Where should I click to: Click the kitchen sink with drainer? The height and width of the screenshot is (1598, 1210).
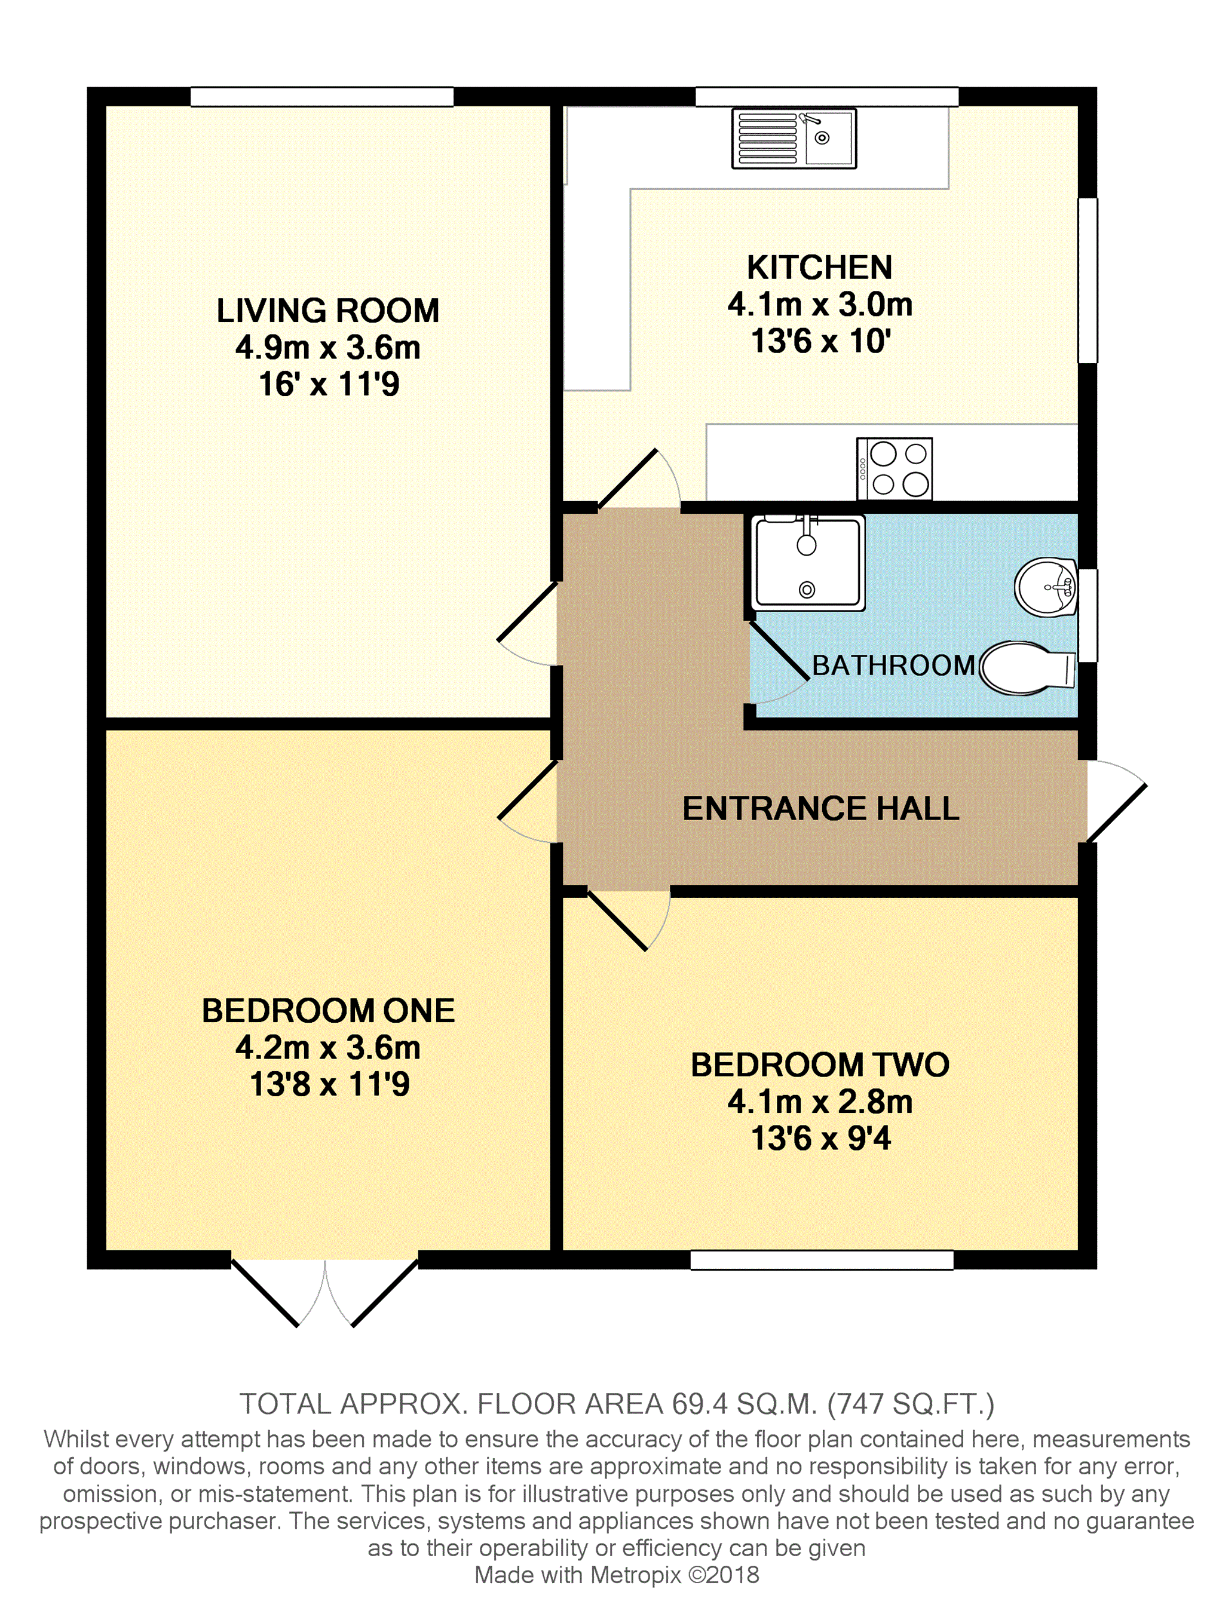(794, 138)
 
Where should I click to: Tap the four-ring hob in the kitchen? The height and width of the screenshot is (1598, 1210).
(895, 469)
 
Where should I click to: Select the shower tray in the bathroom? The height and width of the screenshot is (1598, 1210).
(808, 563)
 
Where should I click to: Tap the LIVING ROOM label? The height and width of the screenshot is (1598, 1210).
(328, 311)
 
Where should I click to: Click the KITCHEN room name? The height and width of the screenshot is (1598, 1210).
(819, 267)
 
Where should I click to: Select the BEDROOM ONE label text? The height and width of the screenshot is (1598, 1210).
(328, 1011)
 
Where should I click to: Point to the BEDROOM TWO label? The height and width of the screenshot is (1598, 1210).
(820, 1065)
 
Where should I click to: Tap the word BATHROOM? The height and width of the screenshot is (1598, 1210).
(893, 665)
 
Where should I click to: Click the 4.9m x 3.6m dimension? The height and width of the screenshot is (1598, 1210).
(328, 348)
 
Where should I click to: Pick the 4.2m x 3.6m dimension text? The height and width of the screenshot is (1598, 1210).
(328, 1048)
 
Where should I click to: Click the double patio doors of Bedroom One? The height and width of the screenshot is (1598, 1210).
(325, 1293)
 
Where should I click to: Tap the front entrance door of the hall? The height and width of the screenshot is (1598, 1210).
(1116, 802)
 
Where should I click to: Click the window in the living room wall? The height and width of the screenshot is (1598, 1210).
(322, 97)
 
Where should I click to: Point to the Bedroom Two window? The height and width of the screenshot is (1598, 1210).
(822, 1260)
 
